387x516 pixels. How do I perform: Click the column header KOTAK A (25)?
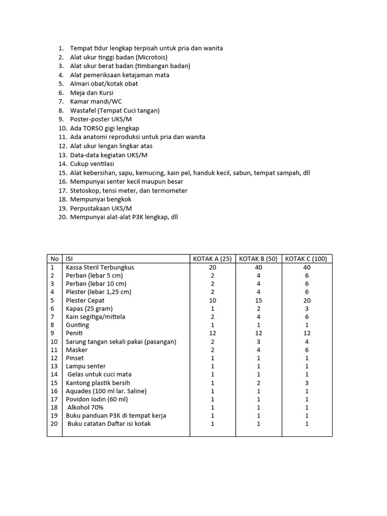point(212,259)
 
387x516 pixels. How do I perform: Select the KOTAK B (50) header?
point(258,259)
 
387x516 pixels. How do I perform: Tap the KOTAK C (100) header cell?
point(306,259)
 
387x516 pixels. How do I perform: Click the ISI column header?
point(70,259)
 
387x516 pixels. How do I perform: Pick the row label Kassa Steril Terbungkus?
point(100,268)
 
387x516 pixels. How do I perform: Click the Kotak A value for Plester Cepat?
point(212,300)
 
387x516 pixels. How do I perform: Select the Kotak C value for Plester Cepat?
point(306,300)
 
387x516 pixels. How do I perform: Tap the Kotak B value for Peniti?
point(259,333)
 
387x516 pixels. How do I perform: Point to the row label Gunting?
point(77,325)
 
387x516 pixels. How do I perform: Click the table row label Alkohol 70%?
point(85,407)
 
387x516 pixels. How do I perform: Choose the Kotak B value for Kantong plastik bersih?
point(259,382)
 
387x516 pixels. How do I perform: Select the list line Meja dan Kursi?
point(92,93)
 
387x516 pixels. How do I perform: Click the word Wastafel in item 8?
point(83,110)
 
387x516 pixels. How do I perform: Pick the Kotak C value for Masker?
point(306,350)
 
